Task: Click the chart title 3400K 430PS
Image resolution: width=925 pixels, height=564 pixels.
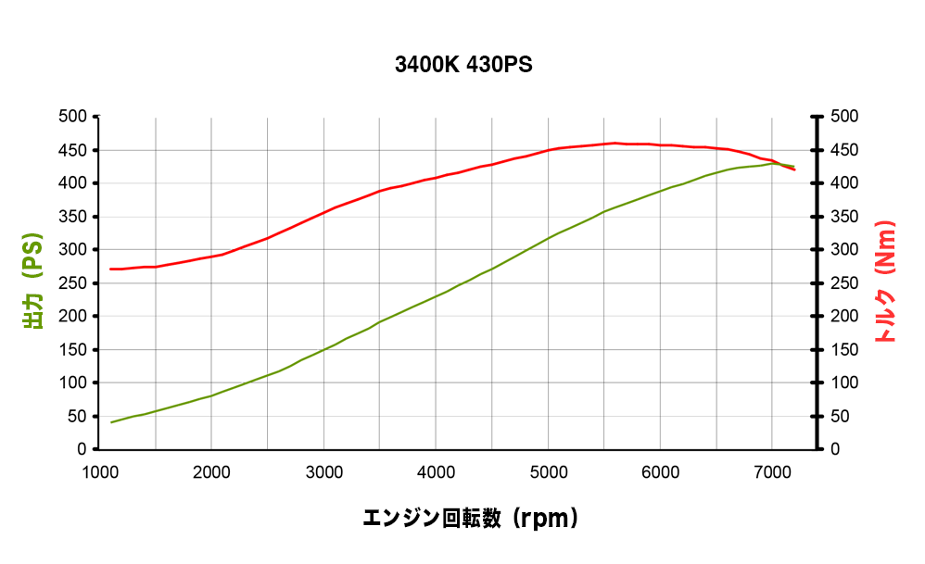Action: point(463,66)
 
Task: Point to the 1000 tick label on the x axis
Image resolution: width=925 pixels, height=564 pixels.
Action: point(99,472)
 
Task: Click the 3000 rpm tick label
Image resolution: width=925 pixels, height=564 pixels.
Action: point(323,472)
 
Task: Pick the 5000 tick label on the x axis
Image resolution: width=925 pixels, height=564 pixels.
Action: point(548,472)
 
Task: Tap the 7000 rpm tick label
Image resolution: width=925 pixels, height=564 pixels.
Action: point(772,472)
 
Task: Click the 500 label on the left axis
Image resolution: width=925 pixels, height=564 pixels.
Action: point(73,117)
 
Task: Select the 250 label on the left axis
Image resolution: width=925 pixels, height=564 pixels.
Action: point(73,283)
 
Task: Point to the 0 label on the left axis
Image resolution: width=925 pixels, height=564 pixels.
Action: point(82,450)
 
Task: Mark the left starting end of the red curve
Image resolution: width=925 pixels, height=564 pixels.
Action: point(111,269)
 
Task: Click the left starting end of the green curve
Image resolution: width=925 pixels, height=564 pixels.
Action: point(111,422)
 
